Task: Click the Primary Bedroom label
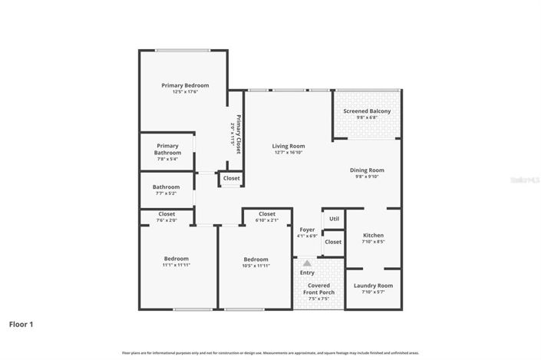(185, 85)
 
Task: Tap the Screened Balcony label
(367, 111)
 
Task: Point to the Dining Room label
(367, 170)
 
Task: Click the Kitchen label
(373, 235)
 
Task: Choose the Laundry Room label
(373, 286)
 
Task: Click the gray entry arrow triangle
(307, 263)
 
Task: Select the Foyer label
(307, 228)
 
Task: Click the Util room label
(334, 219)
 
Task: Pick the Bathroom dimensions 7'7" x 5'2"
(166, 193)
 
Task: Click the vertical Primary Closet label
(239, 134)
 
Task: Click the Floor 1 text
(21, 325)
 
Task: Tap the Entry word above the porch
(307, 272)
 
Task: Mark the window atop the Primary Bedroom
(183, 51)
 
